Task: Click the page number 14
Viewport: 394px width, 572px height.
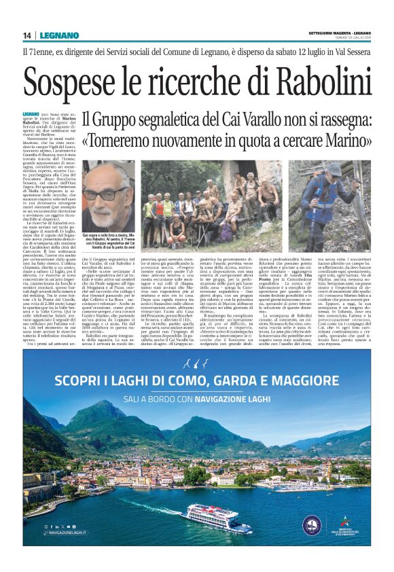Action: (26, 35)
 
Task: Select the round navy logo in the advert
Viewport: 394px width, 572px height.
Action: (312, 526)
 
